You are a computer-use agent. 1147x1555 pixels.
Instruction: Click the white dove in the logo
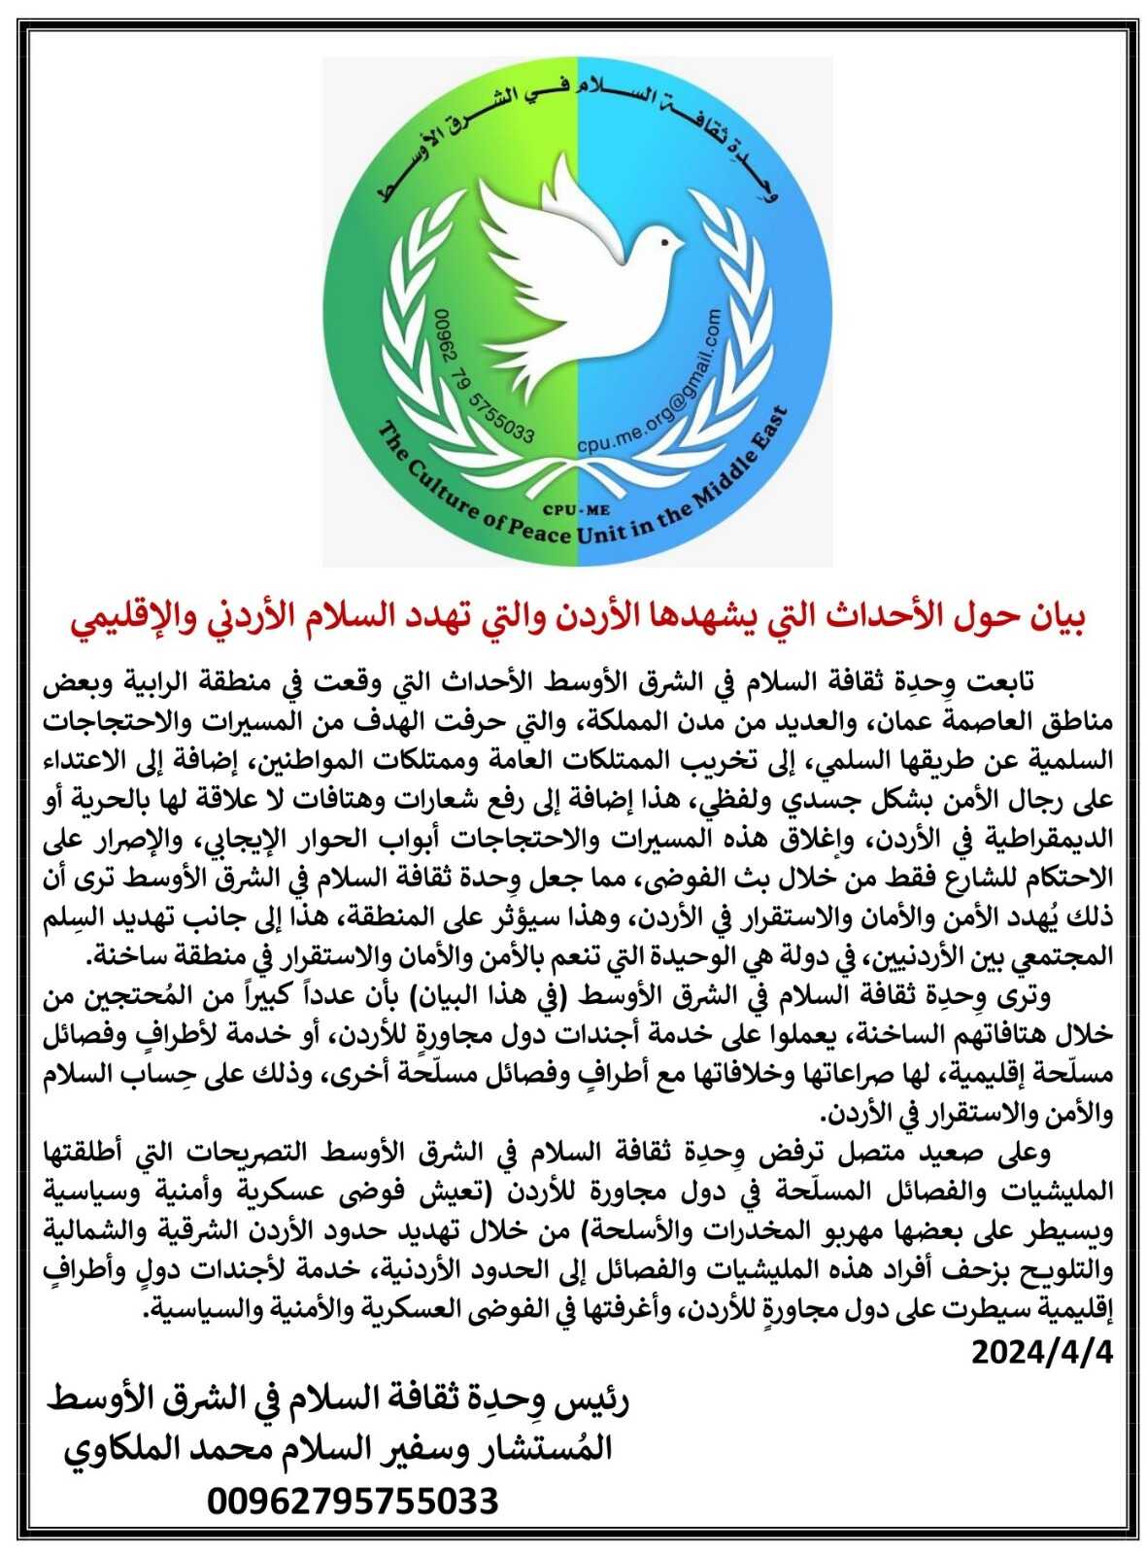click(x=573, y=282)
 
